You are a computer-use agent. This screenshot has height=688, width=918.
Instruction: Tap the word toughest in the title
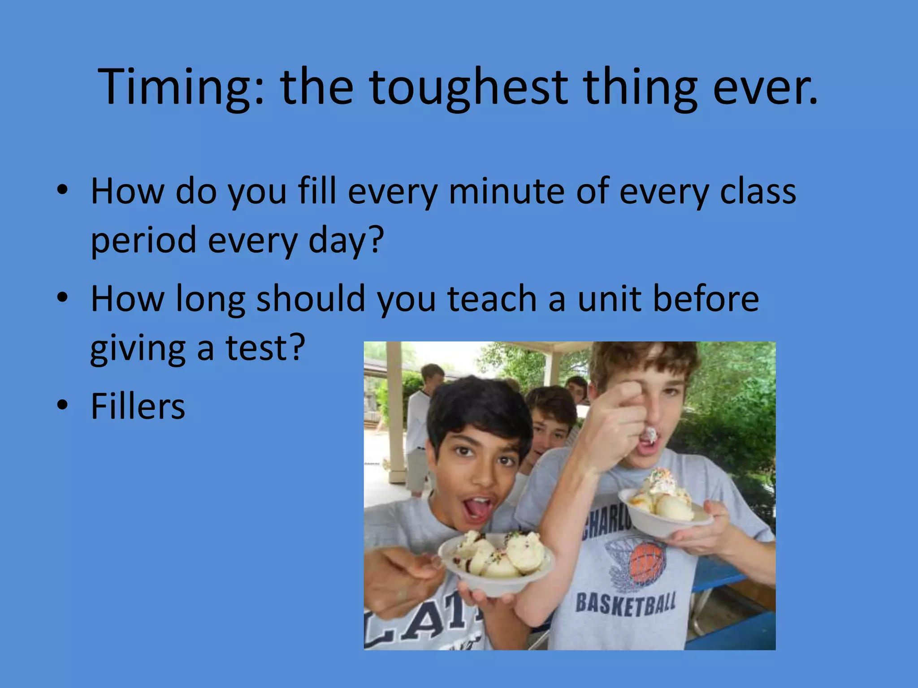click(469, 87)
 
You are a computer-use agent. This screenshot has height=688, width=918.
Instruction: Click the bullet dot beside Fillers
click(62, 404)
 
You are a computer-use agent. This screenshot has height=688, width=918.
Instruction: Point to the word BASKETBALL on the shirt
click(626, 603)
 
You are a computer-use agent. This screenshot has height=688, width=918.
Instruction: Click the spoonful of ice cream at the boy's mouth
click(649, 434)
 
